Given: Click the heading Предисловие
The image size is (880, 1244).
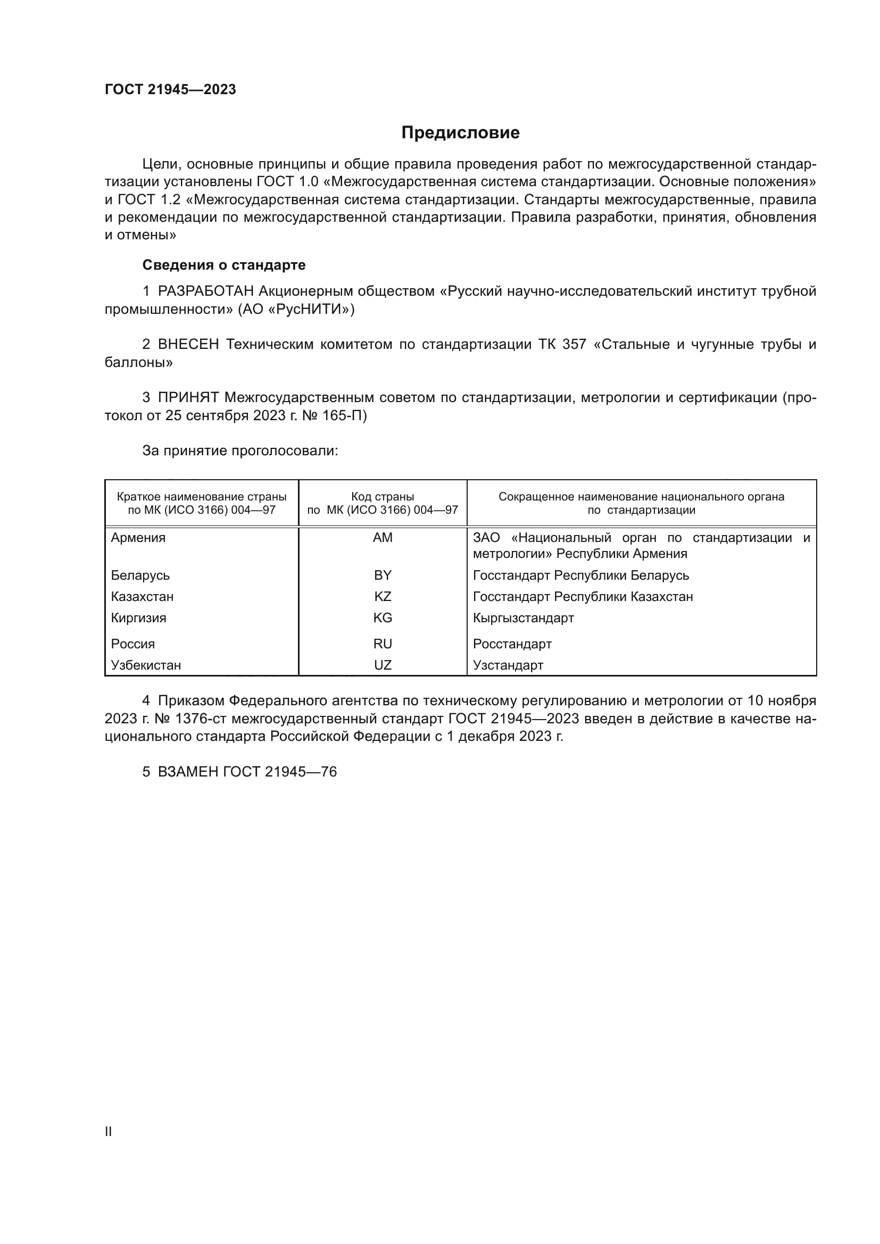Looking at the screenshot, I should [x=460, y=133].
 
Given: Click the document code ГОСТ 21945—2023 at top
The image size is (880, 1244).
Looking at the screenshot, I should [x=170, y=90].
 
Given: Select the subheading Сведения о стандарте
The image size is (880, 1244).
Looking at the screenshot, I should [x=224, y=265].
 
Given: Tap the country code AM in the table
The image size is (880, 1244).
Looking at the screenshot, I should [x=383, y=538].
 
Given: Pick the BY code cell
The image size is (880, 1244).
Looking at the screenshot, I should [x=383, y=575].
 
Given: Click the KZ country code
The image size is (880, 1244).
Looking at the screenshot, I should [x=383, y=597].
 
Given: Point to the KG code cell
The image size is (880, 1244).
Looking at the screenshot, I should [x=383, y=617].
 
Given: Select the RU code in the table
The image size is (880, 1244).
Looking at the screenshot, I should [x=383, y=644].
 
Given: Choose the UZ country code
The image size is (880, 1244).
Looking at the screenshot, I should [x=383, y=665].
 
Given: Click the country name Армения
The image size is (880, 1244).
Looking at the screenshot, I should [x=138, y=538].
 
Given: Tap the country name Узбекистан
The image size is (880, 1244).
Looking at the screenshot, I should [x=146, y=665].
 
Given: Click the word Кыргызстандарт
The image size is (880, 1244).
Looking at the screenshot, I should [x=523, y=617].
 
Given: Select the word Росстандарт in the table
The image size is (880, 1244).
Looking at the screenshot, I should [x=512, y=644].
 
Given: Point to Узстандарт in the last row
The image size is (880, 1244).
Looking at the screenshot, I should [x=508, y=665].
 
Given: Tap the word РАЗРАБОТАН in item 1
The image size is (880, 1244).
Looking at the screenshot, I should [x=206, y=291].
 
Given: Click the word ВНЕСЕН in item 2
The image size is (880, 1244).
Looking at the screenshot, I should [x=188, y=345].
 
